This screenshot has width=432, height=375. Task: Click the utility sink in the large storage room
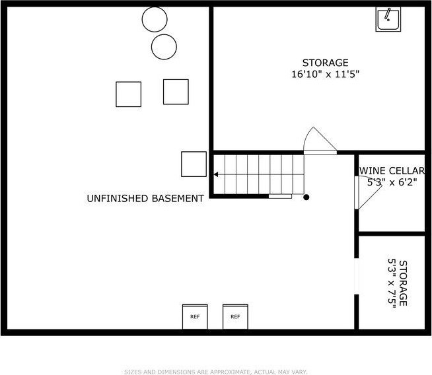click(x=388, y=19)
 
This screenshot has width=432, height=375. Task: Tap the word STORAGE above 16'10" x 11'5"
click(x=326, y=63)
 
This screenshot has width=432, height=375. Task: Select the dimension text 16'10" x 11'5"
click(x=326, y=75)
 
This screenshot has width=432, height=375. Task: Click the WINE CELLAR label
click(x=392, y=171)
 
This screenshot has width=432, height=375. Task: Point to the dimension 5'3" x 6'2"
click(x=392, y=182)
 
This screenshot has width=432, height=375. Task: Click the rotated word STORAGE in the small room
click(x=403, y=283)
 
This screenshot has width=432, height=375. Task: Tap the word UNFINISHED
click(x=118, y=198)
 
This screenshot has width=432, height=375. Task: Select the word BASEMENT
click(x=178, y=198)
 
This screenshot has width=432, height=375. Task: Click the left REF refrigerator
click(x=195, y=317)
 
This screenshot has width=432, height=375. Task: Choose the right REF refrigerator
click(x=235, y=317)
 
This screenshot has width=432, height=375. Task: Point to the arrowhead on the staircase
click(x=216, y=174)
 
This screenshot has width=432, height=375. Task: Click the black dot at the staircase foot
click(x=306, y=197)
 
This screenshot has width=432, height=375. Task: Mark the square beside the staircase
click(x=194, y=164)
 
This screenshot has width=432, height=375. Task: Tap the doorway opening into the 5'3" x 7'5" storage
click(x=357, y=276)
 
